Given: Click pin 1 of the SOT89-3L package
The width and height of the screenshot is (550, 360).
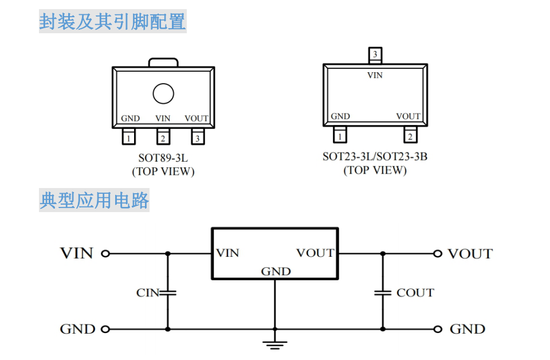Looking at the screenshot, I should [129, 138].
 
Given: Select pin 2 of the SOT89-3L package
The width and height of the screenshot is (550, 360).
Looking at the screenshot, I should [163, 138].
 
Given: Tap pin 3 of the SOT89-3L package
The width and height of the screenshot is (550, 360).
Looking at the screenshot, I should [197, 138].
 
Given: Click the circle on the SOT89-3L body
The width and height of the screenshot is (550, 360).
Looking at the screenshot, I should [163, 93].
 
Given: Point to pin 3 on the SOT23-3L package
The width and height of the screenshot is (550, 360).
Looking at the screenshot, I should [375, 55].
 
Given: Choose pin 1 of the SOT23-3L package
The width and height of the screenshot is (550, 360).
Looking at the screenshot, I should [340, 136].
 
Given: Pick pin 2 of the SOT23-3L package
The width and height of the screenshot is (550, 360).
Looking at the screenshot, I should [410, 136].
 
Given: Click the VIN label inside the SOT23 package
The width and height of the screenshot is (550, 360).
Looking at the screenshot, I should [375, 75].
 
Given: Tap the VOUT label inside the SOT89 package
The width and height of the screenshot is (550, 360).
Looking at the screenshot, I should [197, 119].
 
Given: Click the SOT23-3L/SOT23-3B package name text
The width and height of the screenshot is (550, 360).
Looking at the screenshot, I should [375, 156].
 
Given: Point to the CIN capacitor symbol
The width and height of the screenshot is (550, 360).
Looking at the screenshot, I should [168, 292].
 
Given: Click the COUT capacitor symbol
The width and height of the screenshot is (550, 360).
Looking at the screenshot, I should [382, 292].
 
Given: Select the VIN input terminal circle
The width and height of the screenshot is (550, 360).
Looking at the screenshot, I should [105, 253].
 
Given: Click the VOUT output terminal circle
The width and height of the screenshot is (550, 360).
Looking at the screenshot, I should [438, 253].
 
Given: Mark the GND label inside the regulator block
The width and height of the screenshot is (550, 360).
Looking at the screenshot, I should [276, 271].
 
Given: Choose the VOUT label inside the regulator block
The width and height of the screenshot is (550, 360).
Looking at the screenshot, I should [315, 253].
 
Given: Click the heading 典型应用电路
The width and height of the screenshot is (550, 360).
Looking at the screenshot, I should [95, 201].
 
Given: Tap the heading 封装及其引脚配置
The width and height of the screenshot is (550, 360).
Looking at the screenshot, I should [112, 22].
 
